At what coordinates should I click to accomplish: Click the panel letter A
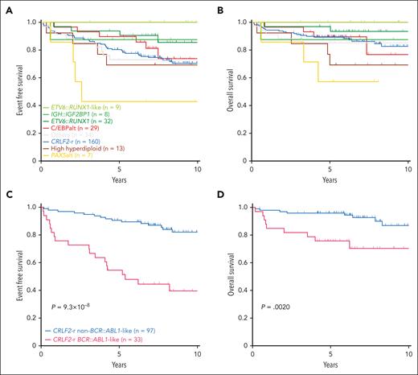6,7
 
